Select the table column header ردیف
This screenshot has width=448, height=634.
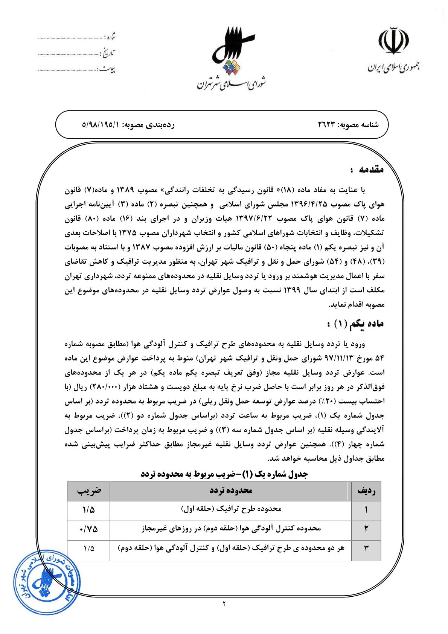click(366, 491)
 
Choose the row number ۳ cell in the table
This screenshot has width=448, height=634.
click(366, 549)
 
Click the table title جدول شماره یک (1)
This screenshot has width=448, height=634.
click(224, 474)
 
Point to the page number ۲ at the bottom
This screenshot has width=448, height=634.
click(224, 604)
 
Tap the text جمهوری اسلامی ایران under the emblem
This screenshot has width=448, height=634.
click(394, 68)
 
